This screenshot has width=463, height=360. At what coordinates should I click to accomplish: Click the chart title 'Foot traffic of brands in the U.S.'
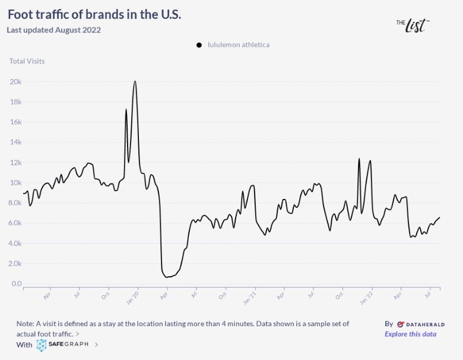coord(94,14)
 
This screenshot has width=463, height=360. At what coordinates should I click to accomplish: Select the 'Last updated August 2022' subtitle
coord(53,30)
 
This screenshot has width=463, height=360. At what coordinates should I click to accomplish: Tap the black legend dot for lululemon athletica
coord(199,45)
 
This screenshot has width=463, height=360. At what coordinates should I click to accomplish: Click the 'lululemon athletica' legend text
coord(238,45)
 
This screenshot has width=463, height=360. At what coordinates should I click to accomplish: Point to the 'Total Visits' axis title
coord(27,61)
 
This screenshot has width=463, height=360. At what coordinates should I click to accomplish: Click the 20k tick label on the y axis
coord(15,81)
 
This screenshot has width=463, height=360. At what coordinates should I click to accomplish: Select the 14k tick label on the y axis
coord(15,142)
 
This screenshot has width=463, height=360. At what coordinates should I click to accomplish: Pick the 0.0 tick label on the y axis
coord(17,283)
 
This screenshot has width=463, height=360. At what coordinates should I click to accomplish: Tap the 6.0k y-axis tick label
coord(15,223)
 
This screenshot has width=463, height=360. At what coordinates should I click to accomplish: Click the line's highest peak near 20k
coord(135,81)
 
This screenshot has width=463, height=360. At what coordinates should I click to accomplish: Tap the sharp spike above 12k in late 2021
coord(359,159)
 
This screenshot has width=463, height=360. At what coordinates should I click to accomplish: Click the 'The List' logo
coord(412,25)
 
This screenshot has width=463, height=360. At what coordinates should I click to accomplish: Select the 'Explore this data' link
coord(410,334)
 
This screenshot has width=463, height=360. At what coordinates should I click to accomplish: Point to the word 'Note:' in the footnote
coord(26,324)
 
